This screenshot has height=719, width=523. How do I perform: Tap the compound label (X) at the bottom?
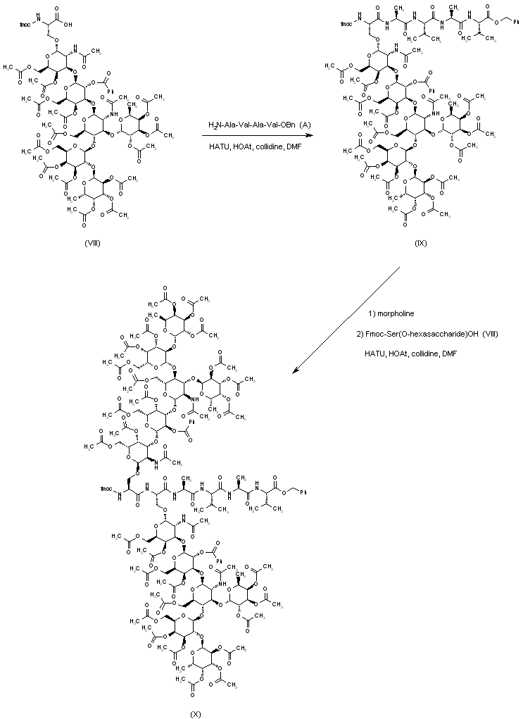click(x=195, y=713)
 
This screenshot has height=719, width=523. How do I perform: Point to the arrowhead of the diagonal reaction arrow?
click(x=296, y=370)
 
